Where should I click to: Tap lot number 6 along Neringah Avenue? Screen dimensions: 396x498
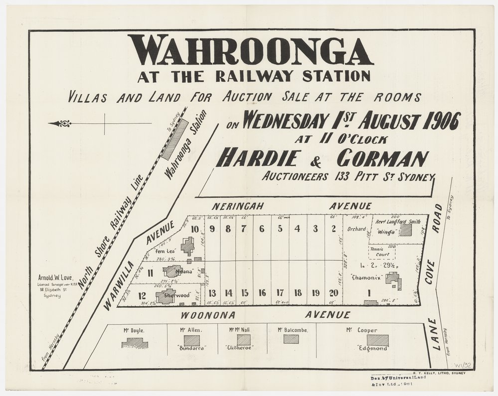point(261,229)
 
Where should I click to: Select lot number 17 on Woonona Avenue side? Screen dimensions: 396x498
point(280,293)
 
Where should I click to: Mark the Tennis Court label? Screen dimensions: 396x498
point(381,252)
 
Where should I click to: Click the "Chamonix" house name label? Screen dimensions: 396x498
point(366,278)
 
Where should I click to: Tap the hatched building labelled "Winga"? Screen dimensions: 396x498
point(406,230)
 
